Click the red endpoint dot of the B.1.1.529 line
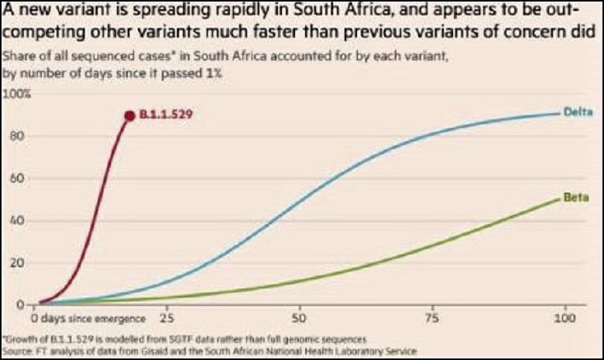point(129,115)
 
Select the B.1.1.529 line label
point(165,115)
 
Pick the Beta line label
point(576,197)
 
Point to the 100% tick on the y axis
point(17,94)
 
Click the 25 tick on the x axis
point(165,318)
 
